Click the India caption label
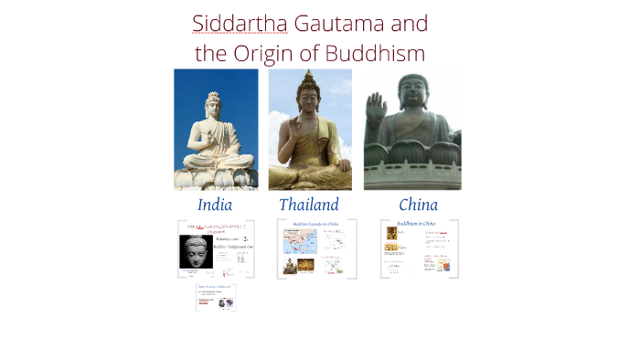pyautogui.click(x=215, y=205)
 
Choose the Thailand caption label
pyautogui.click(x=309, y=205)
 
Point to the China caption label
pyautogui.click(x=418, y=205)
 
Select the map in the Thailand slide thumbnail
pyautogui.click(x=299, y=241)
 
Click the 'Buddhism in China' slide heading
pyautogui.click(x=416, y=224)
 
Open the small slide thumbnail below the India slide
pyautogui.click(x=216, y=297)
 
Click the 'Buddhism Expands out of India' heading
pyautogui.click(x=315, y=224)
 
